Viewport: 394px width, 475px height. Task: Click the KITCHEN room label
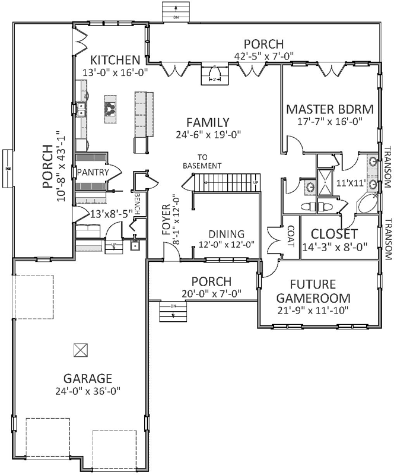pyautogui.click(x=115, y=60)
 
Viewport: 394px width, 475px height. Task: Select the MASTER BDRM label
pyautogui.click(x=329, y=109)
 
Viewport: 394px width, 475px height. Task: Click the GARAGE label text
pyautogui.click(x=88, y=378)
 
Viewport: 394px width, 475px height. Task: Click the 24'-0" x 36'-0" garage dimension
pyautogui.click(x=88, y=391)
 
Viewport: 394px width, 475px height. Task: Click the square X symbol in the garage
pyautogui.click(x=80, y=350)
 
